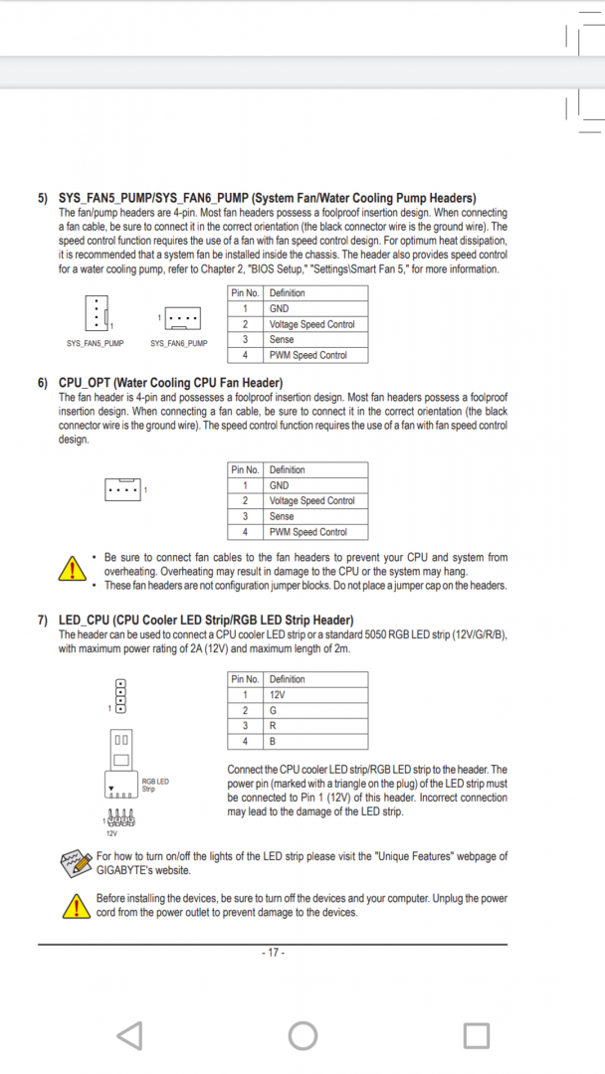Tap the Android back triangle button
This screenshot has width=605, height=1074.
pos(129,1035)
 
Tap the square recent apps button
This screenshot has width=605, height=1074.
pos(477,1035)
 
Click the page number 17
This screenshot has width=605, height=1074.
pos(273,953)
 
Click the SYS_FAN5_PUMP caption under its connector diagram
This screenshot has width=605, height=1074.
pos(96,343)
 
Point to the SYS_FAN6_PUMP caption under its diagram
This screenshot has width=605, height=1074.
pos(179,343)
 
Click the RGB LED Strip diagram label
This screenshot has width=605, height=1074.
pos(155,785)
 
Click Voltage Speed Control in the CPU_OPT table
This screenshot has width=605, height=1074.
pos(311,501)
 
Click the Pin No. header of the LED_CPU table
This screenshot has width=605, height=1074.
pos(245,679)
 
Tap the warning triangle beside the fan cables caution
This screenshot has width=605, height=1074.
pos(73,570)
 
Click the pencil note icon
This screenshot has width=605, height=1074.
pos(76,862)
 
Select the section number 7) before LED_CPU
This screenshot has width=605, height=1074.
pos(43,621)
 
